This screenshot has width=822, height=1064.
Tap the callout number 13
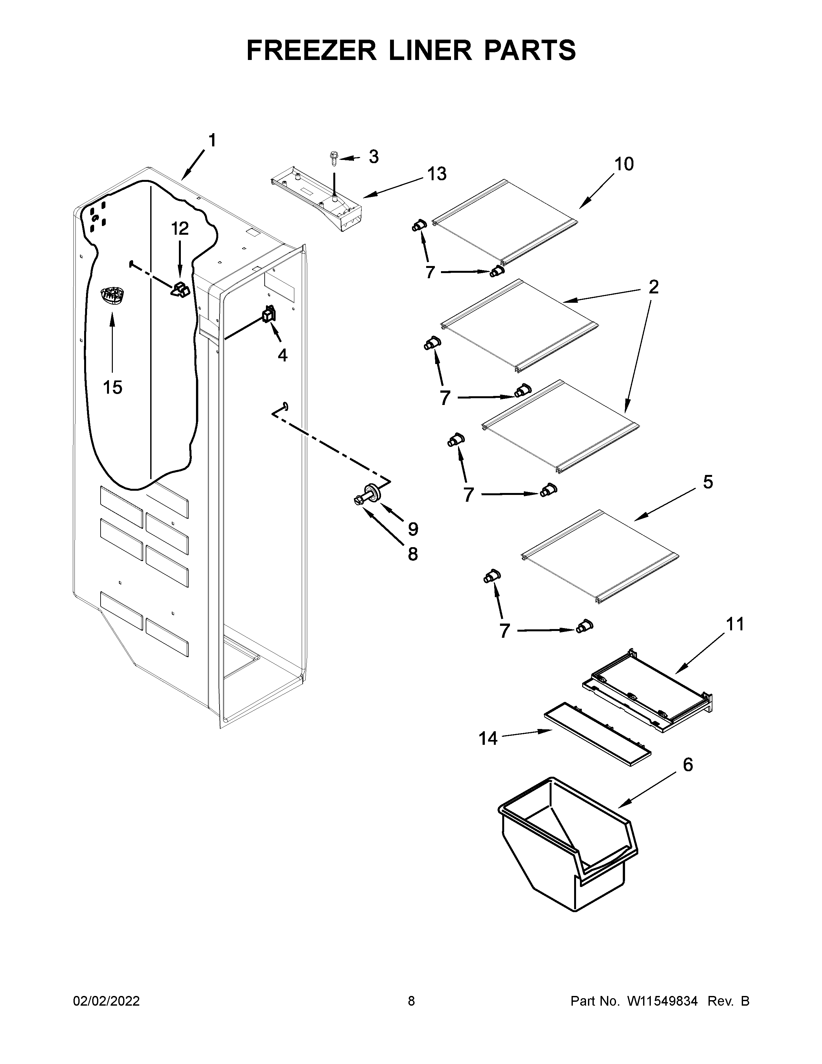pos(437,173)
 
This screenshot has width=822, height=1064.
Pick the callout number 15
pos(113,388)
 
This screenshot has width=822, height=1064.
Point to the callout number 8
pos(413,554)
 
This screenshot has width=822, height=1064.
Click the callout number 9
pos(413,528)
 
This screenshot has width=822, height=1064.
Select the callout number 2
pos(653,287)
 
